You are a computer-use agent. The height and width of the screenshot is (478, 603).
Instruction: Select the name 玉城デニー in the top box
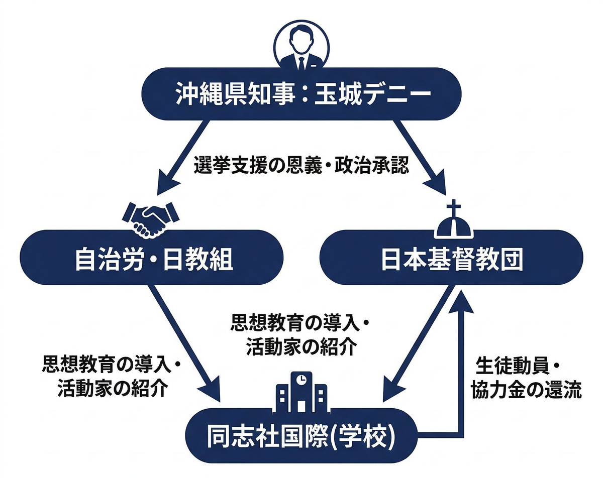372,94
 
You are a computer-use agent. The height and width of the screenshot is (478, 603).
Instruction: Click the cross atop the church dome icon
454,208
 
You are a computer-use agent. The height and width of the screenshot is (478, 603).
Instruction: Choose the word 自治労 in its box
104,261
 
